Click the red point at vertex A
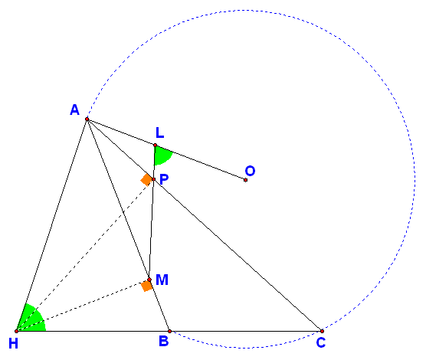(x=87, y=119)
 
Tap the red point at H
(x=16, y=331)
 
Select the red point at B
(x=169, y=331)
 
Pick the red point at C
(x=322, y=331)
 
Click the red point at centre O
(x=245, y=180)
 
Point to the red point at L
(x=155, y=145)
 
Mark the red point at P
(x=153, y=179)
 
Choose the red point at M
(x=149, y=280)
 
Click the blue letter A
(x=75, y=110)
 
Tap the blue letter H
(x=13, y=343)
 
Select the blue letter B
(x=163, y=341)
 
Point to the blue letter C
(x=321, y=342)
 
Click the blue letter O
(x=250, y=171)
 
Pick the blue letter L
(x=159, y=133)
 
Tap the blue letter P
(x=164, y=179)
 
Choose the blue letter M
(x=162, y=280)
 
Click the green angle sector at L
(x=162, y=155)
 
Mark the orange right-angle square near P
(x=146, y=179)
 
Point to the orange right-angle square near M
(x=146, y=286)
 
